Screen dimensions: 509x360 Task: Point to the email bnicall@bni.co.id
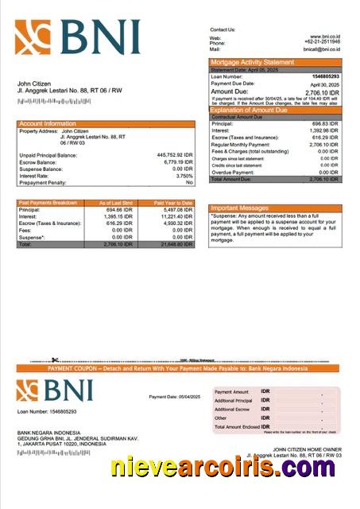[x=321, y=49]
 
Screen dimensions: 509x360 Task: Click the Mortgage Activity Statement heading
[x=252, y=62]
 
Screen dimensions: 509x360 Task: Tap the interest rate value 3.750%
[x=184, y=176]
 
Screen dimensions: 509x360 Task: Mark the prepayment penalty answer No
[x=189, y=182]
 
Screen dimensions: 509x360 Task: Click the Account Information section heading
[x=48, y=124]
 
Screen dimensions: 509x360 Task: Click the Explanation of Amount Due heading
[x=257, y=109]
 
